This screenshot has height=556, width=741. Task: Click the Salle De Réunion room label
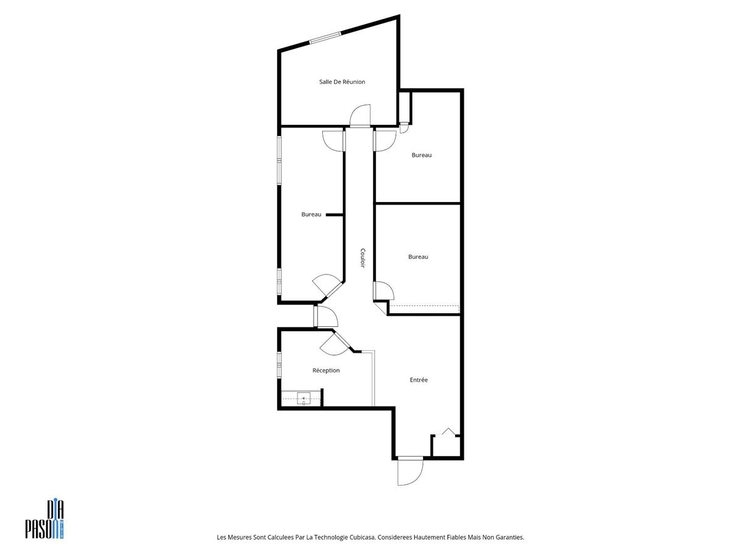click(342, 82)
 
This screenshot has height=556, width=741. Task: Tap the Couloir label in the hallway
click(363, 258)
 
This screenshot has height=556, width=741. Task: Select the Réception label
click(326, 370)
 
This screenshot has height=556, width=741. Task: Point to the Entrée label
click(419, 380)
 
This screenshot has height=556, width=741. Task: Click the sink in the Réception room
click(303, 398)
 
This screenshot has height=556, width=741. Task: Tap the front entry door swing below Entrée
click(410, 471)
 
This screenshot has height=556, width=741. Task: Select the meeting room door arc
click(360, 116)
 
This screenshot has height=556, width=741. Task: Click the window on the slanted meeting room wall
click(325, 38)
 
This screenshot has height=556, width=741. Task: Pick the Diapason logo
click(44, 518)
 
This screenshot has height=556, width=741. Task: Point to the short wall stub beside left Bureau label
click(335, 215)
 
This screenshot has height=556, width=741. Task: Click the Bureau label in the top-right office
click(421, 155)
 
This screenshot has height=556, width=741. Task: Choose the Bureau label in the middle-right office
click(418, 256)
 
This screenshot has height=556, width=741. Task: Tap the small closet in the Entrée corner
click(446, 446)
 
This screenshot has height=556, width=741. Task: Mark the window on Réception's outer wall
click(279, 364)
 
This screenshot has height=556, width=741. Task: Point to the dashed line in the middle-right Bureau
click(424, 306)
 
